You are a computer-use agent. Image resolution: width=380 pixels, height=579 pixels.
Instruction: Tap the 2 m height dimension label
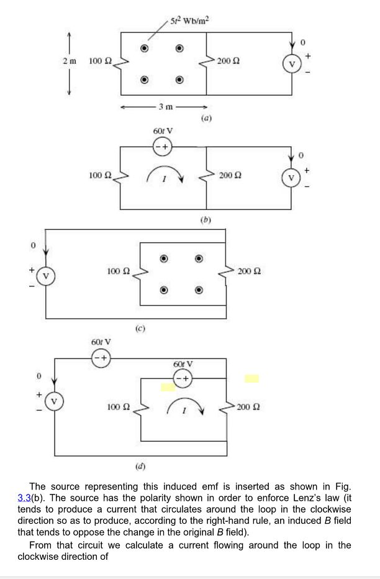pos(69,61)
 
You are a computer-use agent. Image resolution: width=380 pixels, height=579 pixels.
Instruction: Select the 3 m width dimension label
pos(165,107)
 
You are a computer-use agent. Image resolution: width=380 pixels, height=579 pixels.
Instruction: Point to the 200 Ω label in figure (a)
pos(228,62)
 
